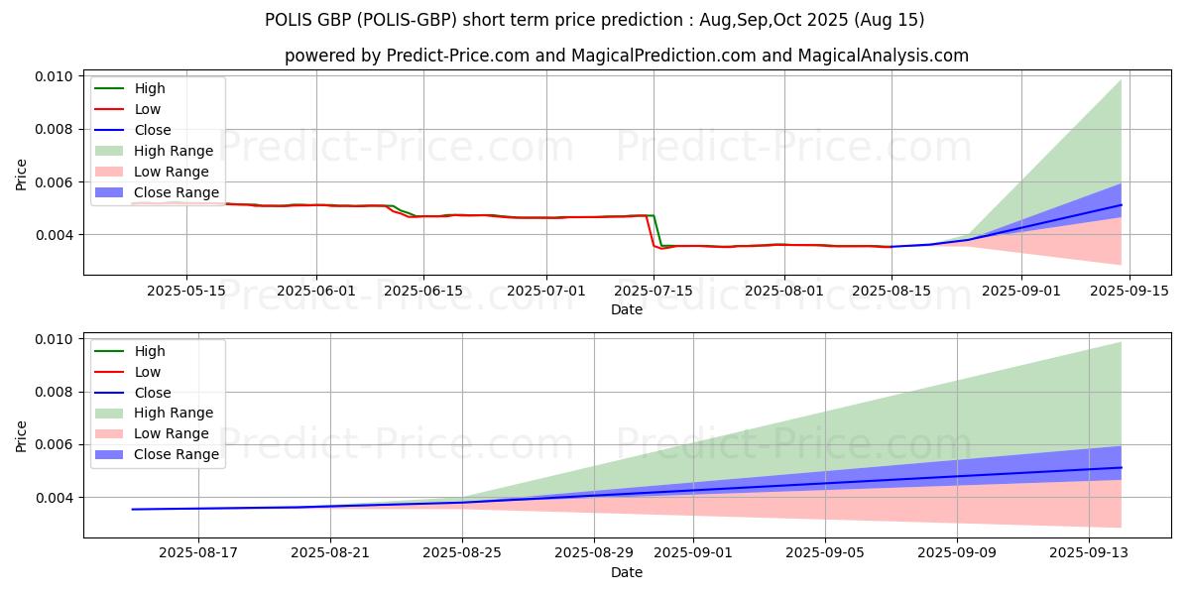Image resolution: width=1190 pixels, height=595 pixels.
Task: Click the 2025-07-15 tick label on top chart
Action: coord(654,291)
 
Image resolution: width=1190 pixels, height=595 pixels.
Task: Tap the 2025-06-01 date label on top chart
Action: coord(316,291)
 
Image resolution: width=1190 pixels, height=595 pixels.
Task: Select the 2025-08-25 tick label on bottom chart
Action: coord(462,553)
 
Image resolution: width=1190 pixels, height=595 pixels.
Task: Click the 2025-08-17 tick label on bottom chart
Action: coord(199,553)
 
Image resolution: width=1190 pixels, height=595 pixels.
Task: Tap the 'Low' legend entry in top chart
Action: coord(148,109)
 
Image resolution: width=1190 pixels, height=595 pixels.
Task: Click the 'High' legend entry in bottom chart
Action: coord(150,351)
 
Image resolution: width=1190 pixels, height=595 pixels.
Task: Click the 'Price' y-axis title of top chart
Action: coord(22,175)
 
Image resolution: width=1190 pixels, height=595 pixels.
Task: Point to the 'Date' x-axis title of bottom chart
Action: coord(626,572)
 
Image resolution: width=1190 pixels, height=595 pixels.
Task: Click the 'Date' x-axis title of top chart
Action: coord(626,309)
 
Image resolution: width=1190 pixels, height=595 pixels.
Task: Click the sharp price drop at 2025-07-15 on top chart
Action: coord(654,231)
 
